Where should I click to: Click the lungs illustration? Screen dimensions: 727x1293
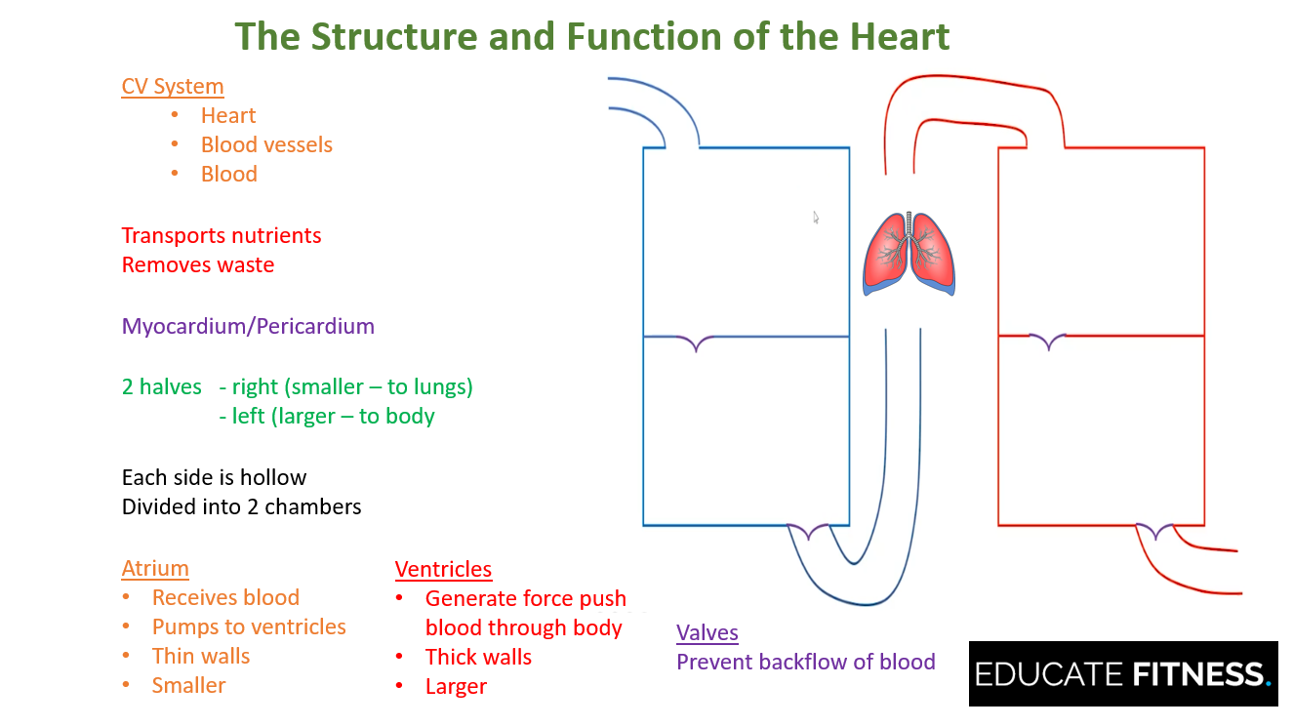pos(909,253)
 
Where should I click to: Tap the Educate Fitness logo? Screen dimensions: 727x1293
pos(1122,673)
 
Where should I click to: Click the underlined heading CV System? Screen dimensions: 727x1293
pos(173,86)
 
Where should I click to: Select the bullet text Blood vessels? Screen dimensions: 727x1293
pos(266,144)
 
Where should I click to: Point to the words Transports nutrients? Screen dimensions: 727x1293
pos(222,235)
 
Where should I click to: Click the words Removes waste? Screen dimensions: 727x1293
pos(198,264)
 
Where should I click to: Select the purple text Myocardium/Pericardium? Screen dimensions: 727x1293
pos(248,326)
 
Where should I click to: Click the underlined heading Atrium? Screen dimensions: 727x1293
pos(155,568)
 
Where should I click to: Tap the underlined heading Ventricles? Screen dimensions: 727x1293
pos(443,569)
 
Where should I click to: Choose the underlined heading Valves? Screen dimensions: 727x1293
pos(707,632)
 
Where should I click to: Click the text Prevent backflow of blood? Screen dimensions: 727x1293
pos(805,662)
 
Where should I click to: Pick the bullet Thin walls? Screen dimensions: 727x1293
pos(201,656)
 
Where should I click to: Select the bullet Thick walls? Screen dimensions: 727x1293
pos(478,657)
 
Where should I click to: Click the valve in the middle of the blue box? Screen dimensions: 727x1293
pos(696,343)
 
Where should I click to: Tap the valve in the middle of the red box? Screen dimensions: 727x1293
pos(1048,342)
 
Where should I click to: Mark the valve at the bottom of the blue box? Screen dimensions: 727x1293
pos(808,532)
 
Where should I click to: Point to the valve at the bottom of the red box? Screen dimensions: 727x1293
pos(1155,531)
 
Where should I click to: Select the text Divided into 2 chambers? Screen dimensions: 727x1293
pos(241,506)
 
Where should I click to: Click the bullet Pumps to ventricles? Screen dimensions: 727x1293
pos(249,626)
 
